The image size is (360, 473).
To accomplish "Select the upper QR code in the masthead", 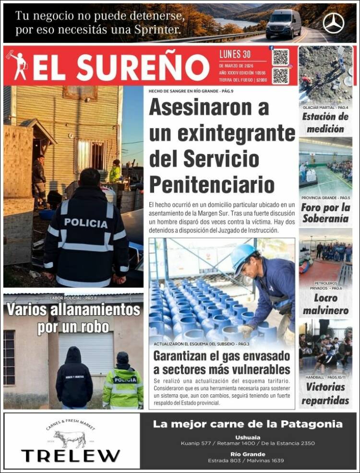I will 280,57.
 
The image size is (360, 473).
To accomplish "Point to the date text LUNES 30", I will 235,54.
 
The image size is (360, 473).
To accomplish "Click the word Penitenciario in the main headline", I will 212,184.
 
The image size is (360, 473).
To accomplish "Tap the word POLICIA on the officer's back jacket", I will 86,223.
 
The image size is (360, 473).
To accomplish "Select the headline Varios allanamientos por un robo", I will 73,318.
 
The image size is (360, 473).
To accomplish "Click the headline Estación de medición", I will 325,122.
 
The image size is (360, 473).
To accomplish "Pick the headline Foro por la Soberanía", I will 325,213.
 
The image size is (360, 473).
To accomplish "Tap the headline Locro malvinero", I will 325,304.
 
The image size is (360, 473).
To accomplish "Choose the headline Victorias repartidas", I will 325,393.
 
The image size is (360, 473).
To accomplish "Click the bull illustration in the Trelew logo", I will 70,438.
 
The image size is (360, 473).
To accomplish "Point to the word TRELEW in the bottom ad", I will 71,455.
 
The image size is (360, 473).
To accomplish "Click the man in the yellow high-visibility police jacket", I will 123,383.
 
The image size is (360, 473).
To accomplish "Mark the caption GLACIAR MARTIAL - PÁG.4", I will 325,107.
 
